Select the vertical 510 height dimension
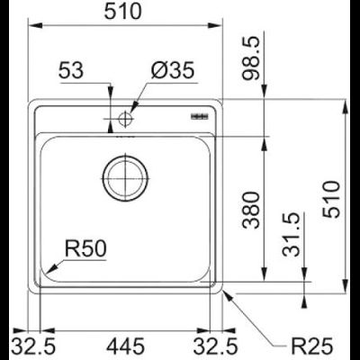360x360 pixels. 333,196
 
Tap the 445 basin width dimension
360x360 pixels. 126,344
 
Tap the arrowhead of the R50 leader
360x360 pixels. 52,266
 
